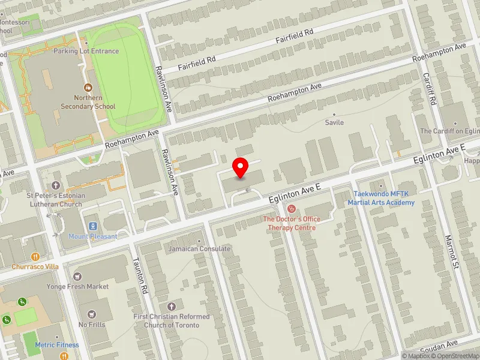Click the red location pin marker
(x=241, y=167)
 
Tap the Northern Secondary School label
(x=88, y=102)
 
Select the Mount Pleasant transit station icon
(x=93, y=226)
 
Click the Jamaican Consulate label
(x=199, y=248)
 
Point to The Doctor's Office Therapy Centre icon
(x=292, y=209)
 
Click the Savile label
(x=334, y=122)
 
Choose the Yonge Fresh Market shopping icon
(x=77, y=277)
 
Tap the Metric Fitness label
(x=57, y=345)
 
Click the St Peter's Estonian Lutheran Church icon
(x=56, y=185)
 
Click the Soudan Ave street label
(x=440, y=346)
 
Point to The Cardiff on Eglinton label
(x=449, y=131)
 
